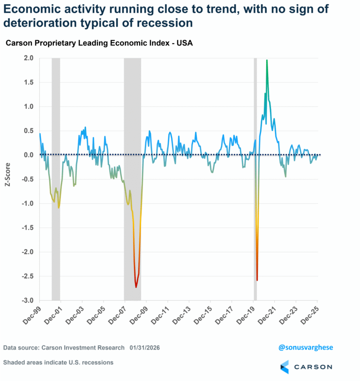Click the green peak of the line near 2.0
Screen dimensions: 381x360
click(x=267, y=61)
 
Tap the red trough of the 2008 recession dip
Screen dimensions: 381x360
click(x=136, y=286)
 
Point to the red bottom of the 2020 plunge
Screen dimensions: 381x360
click(x=257, y=280)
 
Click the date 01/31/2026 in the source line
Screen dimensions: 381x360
click(x=146, y=348)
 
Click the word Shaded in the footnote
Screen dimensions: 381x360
click(x=15, y=363)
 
